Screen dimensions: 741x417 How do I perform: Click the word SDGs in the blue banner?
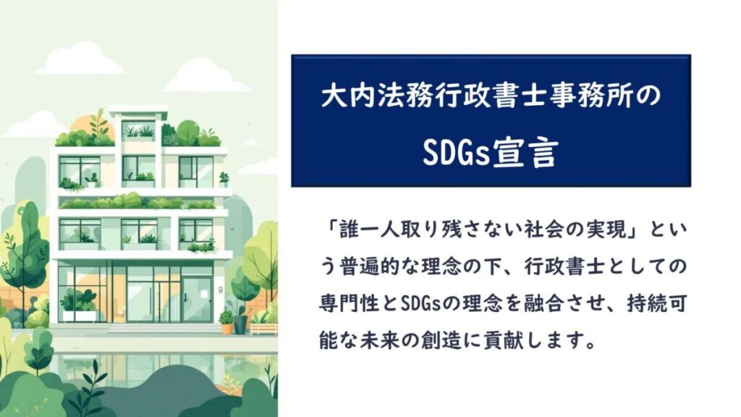[x=456, y=152]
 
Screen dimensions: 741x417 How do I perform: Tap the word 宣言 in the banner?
[x=525, y=152]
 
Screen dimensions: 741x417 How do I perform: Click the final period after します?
[x=590, y=344]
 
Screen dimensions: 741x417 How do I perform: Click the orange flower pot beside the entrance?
[x=226, y=328]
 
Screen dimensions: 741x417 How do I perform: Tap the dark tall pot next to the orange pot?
[x=240, y=324]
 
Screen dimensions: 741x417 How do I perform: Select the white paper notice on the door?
[x=204, y=294]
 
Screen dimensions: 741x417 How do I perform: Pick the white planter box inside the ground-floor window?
[x=80, y=316]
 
